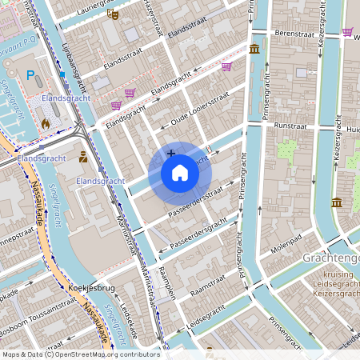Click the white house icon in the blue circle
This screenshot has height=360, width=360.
click(180, 173)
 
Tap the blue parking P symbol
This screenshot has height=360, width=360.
click(31, 76)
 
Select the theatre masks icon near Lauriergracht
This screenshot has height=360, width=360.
click(113, 14)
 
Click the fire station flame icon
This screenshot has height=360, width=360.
click(46, 124)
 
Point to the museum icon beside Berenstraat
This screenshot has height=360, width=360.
click(254, 50)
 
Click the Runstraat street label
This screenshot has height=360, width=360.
click(290, 126)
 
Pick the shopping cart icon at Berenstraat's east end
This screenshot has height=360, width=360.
click(347, 32)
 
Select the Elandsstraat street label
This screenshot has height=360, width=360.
click(170, 30)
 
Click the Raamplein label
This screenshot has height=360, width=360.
click(167, 282)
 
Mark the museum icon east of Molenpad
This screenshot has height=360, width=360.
click(337, 202)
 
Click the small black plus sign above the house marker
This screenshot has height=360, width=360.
click(170, 153)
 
